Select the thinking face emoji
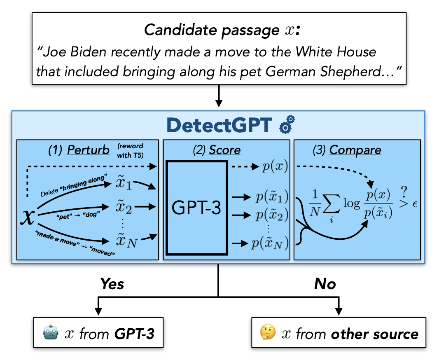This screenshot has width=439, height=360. [268, 333]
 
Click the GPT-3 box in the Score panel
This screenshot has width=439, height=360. [196, 208]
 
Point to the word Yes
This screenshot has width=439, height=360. [112, 284]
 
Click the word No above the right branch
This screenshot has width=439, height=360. [325, 284]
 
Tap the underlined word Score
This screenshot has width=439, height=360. [224, 150]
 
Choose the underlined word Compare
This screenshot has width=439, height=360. [355, 150]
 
